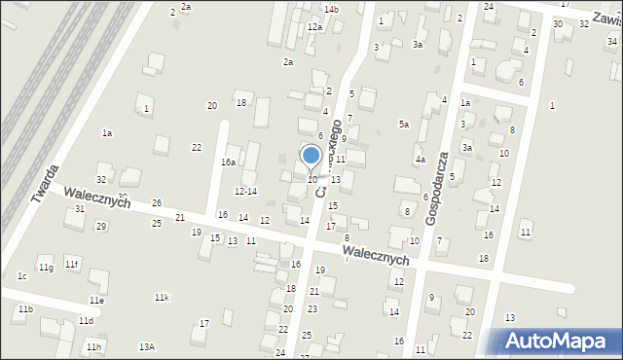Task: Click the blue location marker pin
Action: pyautogui.click(x=311, y=156)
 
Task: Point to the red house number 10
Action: pyautogui.click(x=311, y=180)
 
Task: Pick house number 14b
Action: pyautogui.click(x=331, y=9)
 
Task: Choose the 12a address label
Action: pyautogui.click(x=314, y=27)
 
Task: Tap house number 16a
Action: pyautogui.click(x=229, y=162)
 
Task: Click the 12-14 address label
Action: pyautogui.click(x=245, y=192)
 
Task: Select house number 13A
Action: pyautogui.click(x=147, y=346)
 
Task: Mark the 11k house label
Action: pyautogui.click(x=162, y=297)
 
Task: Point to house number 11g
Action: pyautogui.click(x=46, y=267)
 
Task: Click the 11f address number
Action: pyautogui.click(x=71, y=264)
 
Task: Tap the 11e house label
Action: pyautogui.click(x=96, y=301)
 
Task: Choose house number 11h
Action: pyautogui.click(x=92, y=346)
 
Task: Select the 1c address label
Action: pyautogui.click(x=21, y=276)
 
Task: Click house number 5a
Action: pyautogui.click(x=403, y=124)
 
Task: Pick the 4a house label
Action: pyautogui.click(x=421, y=159)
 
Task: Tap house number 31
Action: pyautogui.click(x=80, y=209)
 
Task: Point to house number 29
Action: pyautogui.click(x=100, y=226)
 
